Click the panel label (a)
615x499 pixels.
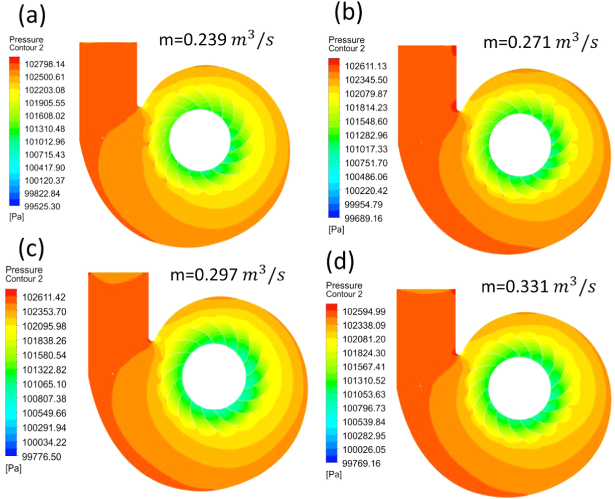(x=32, y=16)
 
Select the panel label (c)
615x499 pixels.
(x=31, y=248)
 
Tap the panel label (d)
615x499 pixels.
(x=340, y=261)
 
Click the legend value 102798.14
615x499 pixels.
(x=45, y=64)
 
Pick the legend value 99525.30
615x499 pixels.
(x=42, y=207)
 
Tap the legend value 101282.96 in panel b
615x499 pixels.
(x=366, y=135)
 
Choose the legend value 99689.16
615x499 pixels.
(x=363, y=218)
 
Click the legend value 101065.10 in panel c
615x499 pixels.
(x=44, y=384)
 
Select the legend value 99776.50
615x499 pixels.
(x=41, y=457)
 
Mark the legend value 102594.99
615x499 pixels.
(x=364, y=311)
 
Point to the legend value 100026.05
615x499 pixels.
(x=364, y=450)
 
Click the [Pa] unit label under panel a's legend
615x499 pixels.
(x=16, y=217)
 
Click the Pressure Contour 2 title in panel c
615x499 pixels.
(x=24, y=274)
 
